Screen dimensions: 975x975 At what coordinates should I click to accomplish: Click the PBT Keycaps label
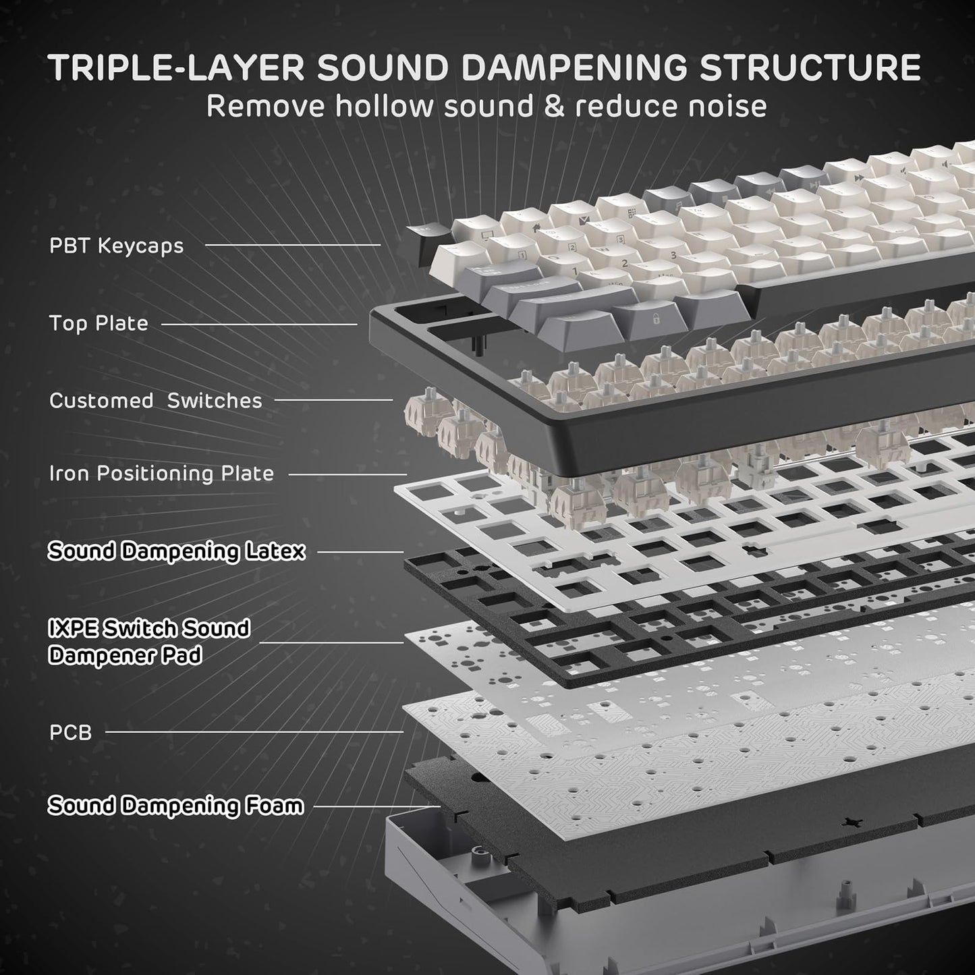116,246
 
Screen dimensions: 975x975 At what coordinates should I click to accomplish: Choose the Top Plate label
99,323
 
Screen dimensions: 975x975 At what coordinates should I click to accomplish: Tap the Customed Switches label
155,401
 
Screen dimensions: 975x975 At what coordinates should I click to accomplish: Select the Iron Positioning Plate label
161,474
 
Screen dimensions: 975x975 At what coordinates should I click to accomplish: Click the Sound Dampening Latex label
176,551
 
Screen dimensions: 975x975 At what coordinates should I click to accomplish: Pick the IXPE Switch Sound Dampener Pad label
148,642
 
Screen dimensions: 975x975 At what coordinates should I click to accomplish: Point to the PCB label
70,732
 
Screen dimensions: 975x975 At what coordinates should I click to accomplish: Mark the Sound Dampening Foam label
175,806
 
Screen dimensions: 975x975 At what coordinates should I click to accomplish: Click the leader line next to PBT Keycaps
293,245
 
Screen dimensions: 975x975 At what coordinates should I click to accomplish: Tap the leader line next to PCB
254,731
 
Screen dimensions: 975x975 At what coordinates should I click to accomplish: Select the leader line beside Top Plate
259,324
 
